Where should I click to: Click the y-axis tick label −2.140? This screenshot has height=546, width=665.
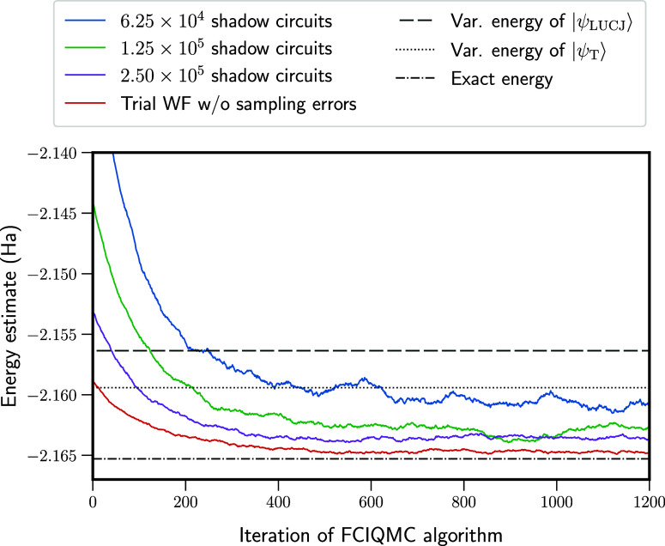pyautogui.click(x=57, y=153)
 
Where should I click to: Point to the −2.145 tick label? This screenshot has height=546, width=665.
pyautogui.click(x=57, y=214)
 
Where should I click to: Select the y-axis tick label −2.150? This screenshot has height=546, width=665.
pyautogui.click(x=57, y=274)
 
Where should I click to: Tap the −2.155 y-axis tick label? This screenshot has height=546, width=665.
pyautogui.click(x=57, y=335)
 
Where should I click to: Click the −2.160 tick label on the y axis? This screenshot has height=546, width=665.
pyautogui.click(x=57, y=396)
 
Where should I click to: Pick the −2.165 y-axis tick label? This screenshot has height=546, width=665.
pyautogui.click(x=57, y=456)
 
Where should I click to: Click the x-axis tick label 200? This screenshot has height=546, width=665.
pyautogui.click(x=185, y=502)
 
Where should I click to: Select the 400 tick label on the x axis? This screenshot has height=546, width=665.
pyautogui.click(x=278, y=502)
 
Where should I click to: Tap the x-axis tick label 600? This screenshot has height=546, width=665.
pyautogui.click(x=371, y=502)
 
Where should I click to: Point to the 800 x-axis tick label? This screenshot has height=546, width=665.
pyautogui.click(x=464, y=502)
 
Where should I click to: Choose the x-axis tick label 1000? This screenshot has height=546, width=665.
pyautogui.click(x=557, y=502)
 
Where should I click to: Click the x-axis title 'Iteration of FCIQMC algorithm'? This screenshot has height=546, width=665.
pyautogui.click(x=371, y=535)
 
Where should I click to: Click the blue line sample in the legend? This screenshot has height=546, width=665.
pyautogui.click(x=85, y=21)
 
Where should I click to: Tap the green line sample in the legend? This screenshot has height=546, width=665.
pyautogui.click(x=85, y=48)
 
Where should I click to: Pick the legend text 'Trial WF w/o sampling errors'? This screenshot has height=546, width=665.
pyautogui.click(x=239, y=104)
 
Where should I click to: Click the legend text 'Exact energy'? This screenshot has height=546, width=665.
pyautogui.click(x=502, y=79)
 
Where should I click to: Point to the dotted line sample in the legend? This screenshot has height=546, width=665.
pyautogui.click(x=414, y=51)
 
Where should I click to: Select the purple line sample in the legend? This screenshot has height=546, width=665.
pyautogui.click(x=85, y=75)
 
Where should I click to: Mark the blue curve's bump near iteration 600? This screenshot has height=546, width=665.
pyautogui.click(x=365, y=378)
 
